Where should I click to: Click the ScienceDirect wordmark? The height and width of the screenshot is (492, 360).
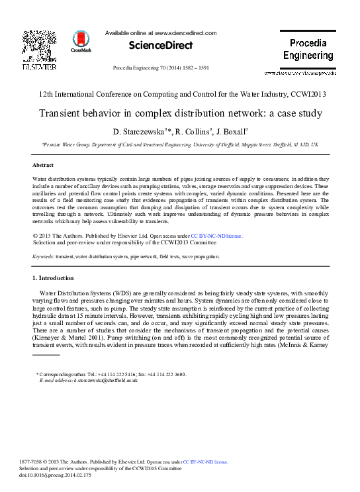pos(160,46)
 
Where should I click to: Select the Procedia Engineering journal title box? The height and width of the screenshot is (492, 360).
pos(308,49)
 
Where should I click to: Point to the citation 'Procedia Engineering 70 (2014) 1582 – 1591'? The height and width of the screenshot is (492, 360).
pos(161,68)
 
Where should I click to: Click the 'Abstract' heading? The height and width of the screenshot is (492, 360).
pos(43,165)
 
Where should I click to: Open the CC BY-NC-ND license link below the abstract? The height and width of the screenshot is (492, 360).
pos(217,235)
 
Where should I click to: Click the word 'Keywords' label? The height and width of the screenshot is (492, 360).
pos(44,256)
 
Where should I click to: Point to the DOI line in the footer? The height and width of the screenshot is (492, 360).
pos(55,475)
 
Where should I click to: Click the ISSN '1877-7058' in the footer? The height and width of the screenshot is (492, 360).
pos(32,462)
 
